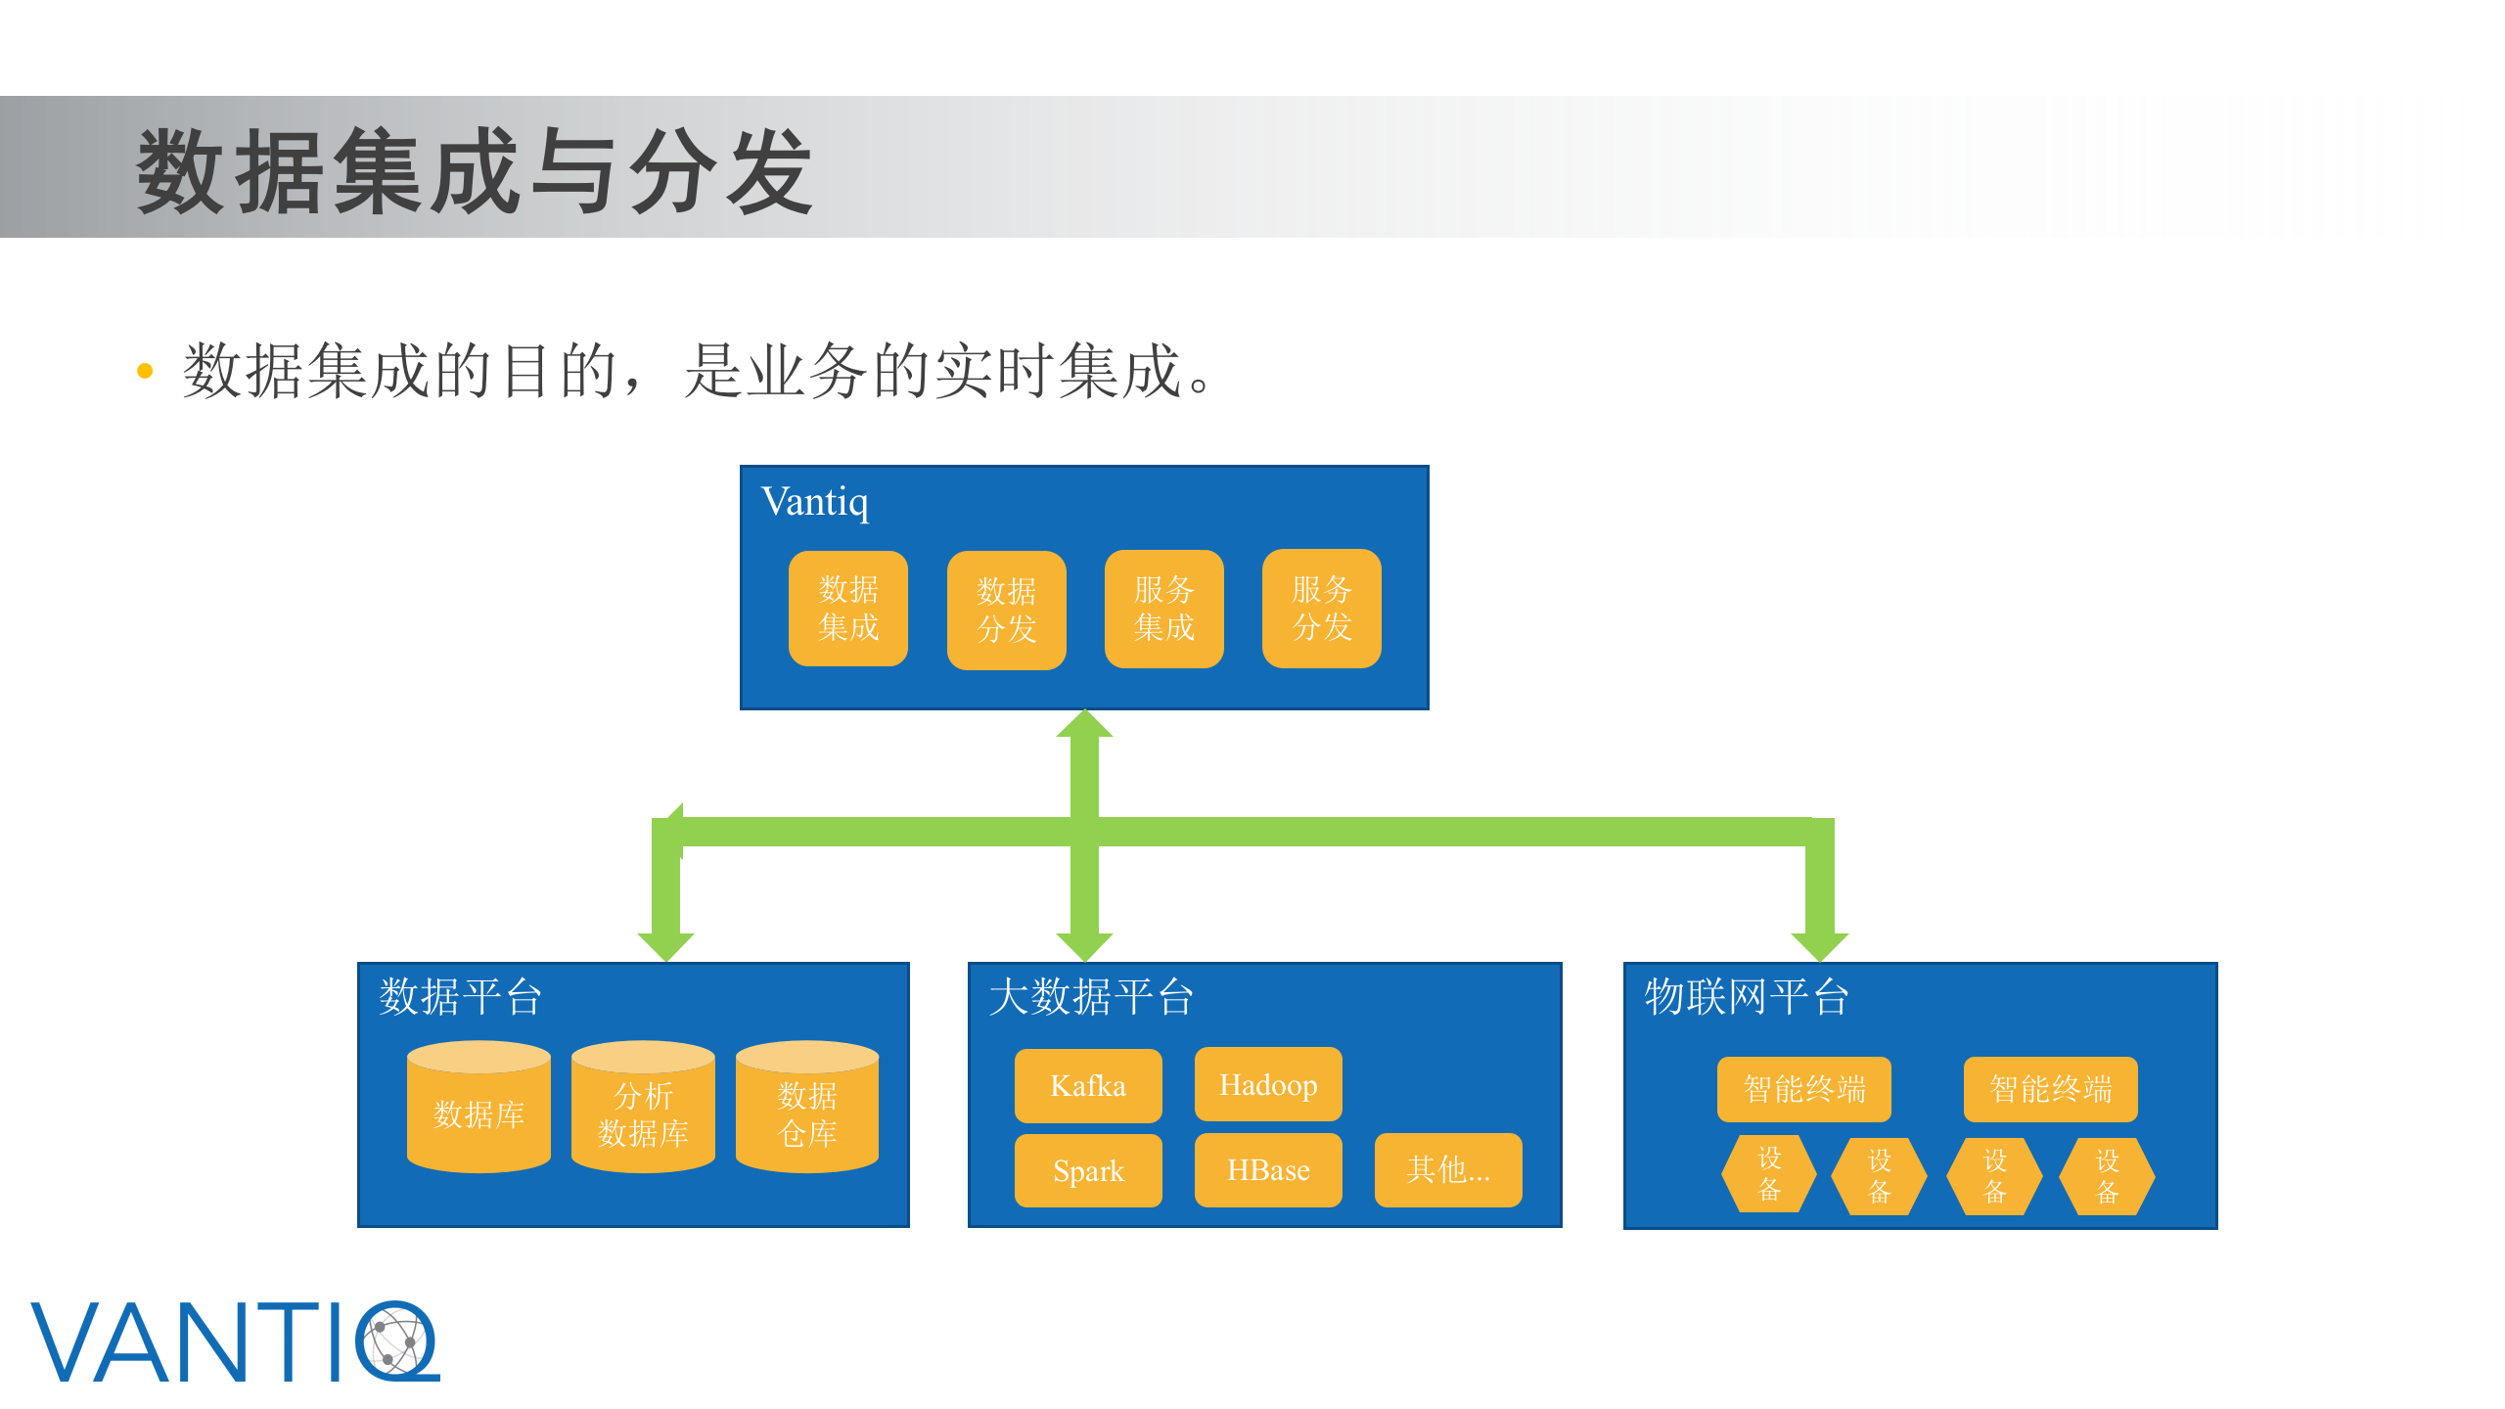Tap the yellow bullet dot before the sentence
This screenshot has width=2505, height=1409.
[145, 371]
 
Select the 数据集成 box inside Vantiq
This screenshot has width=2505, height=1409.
[848, 608]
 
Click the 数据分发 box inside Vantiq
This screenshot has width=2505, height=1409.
[1006, 610]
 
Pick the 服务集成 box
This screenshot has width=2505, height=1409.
[1163, 608]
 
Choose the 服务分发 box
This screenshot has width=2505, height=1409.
[1321, 608]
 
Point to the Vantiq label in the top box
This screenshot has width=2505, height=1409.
[814, 502]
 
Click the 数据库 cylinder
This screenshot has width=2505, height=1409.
[478, 1111]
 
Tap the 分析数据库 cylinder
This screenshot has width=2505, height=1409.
[643, 1111]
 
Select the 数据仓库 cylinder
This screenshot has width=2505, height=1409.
[807, 1111]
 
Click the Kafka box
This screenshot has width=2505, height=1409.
[1088, 1086]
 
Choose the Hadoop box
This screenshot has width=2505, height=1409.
[1268, 1084]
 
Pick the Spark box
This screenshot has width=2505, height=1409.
[1088, 1170]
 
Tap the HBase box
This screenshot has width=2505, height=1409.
[1268, 1170]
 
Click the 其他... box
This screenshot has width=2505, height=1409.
[1448, 1170]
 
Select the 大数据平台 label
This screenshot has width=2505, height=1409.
[1091, 997]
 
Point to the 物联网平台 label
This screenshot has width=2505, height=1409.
[1747, 997]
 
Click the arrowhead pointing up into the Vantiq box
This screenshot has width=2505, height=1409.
[1084, 724]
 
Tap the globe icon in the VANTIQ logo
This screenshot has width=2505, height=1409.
[396, 1341]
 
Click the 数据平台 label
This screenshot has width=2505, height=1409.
[460, 997]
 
